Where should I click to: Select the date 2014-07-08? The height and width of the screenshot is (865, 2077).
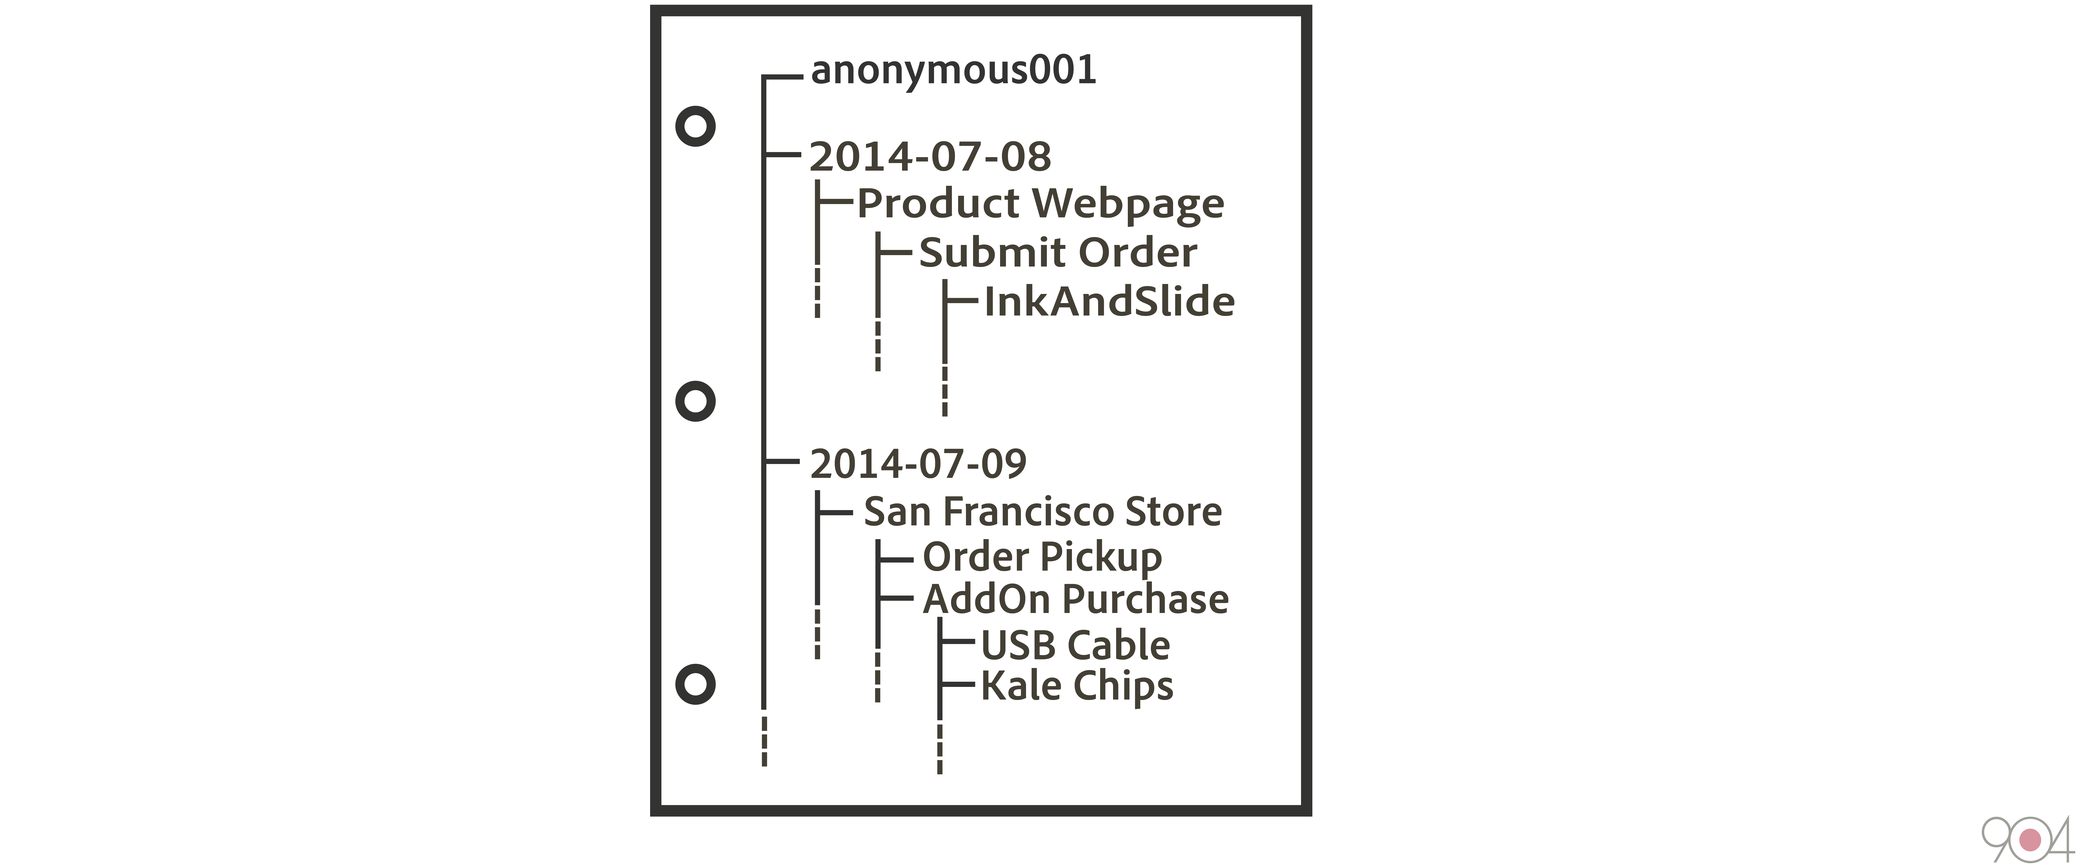point(930,156)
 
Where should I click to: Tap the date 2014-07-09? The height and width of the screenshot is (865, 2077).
point(918,464)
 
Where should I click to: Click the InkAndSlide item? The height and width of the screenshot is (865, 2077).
point(1109,301)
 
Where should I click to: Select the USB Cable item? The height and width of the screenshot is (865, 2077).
point(1075,645)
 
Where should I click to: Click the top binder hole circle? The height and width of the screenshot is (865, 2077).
point(695,127)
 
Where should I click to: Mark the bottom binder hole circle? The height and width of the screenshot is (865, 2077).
point(695,684)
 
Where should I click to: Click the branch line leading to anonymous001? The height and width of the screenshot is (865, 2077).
point(782,77)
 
